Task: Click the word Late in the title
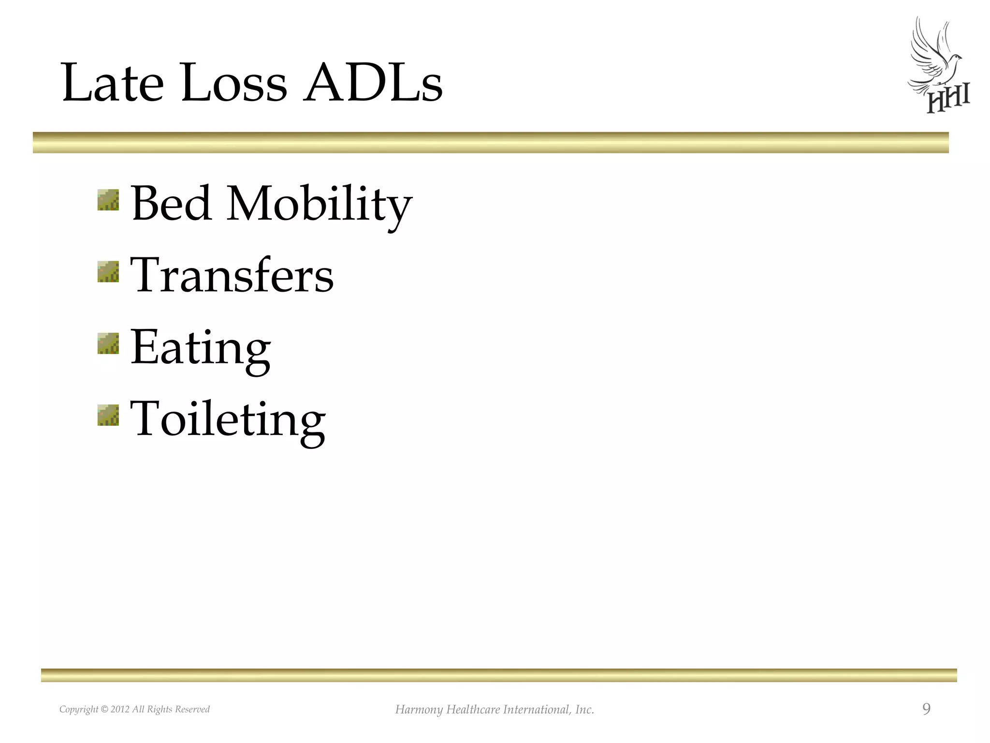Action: tap(113, 83)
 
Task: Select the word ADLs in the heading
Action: tap(372, 83)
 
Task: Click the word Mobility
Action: tap(319, 205)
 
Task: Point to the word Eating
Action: tap(201, 348)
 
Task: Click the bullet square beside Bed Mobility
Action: tap(108, 200)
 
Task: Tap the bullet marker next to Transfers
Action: tap(108, 271)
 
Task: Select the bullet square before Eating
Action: tap(108, 343)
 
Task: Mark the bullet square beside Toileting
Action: tap(108, 415)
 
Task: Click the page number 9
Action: tap(926, 709)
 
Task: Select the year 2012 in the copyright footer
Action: tap(120, 710)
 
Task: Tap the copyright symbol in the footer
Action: tap(104, 710)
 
